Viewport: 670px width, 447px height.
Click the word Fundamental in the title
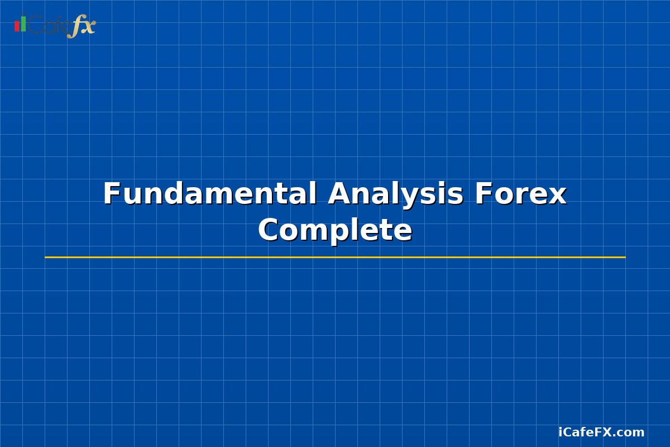coord(209,194)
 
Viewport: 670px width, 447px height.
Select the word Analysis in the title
coord(395,194)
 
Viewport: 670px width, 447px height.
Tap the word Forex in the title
coord(520,194)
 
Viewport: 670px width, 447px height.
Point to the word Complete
coord(335,230)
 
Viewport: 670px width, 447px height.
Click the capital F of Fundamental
coord(112,194)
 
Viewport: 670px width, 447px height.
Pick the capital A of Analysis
coord(339,194)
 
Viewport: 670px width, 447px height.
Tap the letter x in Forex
coord(558,196)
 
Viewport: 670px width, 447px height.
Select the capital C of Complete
coord(269,230)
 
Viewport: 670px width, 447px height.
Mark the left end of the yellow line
coord(46,257)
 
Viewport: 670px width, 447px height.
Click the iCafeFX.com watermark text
coord(601,432)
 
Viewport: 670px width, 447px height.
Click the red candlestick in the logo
coord(17,26)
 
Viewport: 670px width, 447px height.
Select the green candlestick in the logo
coord(23,23)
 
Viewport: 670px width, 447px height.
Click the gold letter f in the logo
coord(75,27)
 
